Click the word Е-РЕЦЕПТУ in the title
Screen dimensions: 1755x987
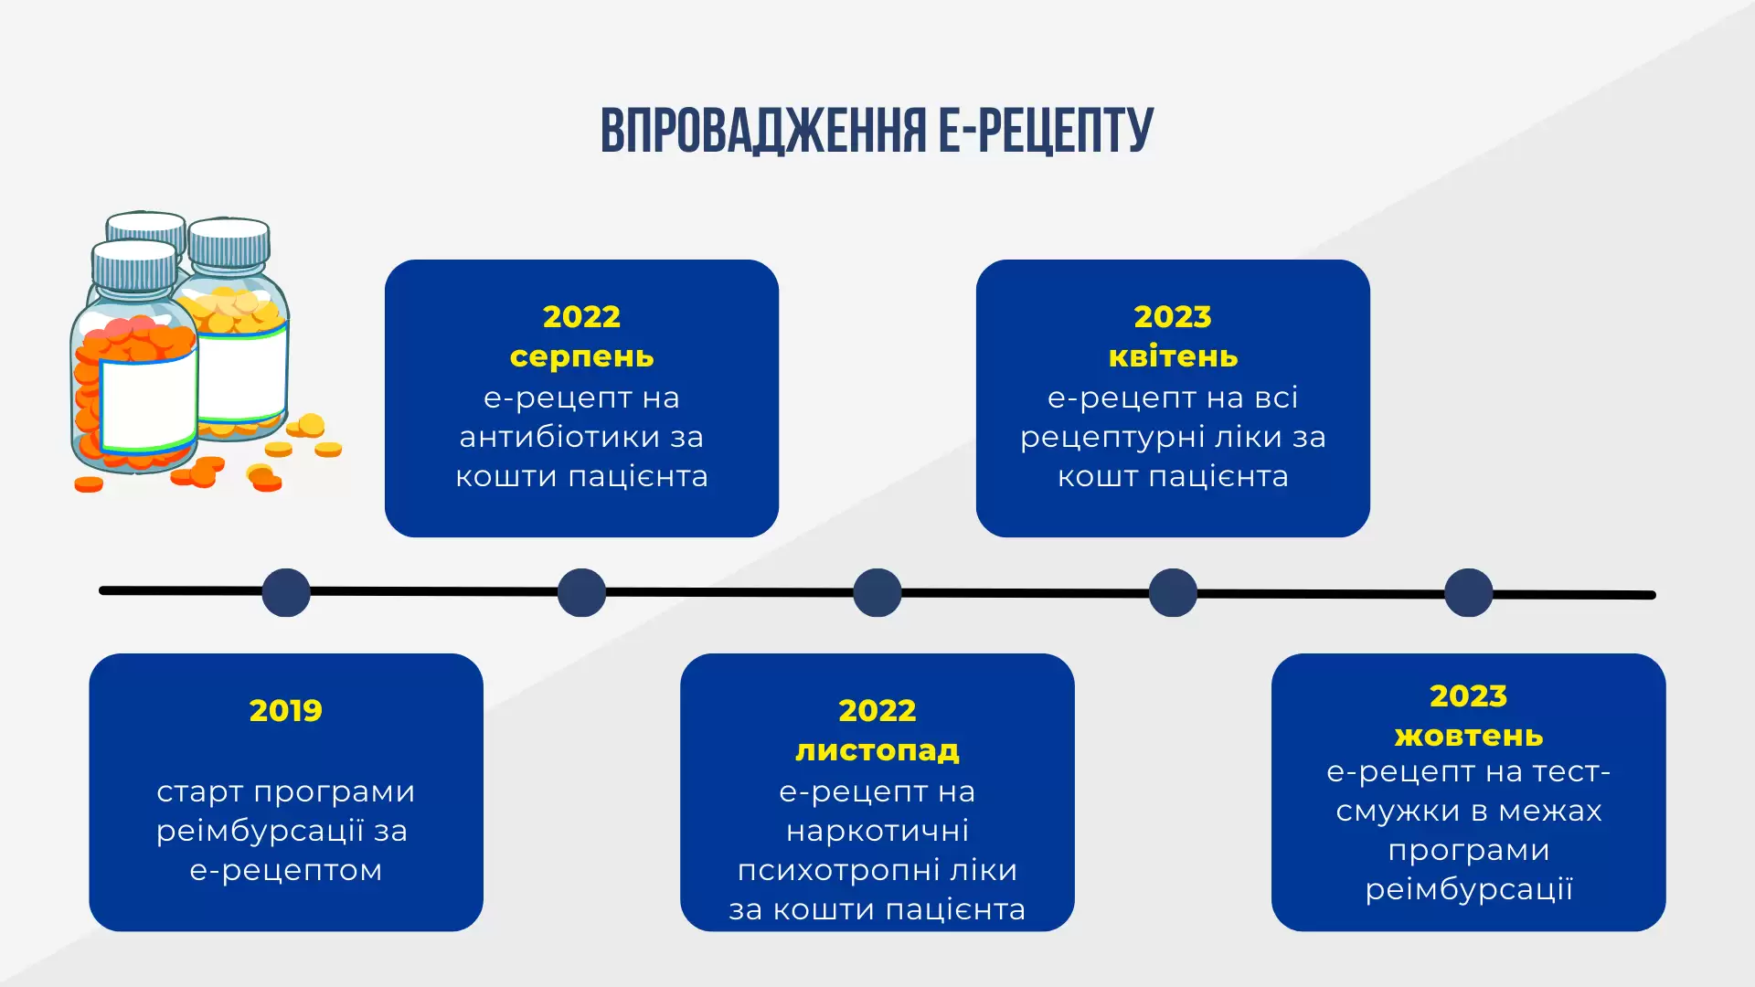[1047, 131]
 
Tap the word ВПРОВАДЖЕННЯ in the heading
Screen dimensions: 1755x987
[763, 131]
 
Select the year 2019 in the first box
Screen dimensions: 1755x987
[286, 710]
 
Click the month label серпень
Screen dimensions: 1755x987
[582, 356]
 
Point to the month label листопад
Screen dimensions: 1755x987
[877, 750]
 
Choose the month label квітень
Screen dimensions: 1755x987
[1174, 356]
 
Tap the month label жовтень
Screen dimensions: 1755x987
[1469, 735]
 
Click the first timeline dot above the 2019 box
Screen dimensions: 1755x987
[286, 592]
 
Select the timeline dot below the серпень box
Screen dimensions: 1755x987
[581, 592]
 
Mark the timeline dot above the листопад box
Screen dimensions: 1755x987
[877, 592]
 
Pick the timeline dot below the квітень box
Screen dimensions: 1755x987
[1173, 592]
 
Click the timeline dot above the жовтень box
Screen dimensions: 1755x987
[1469, 592]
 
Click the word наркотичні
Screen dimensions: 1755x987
[877, 831]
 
